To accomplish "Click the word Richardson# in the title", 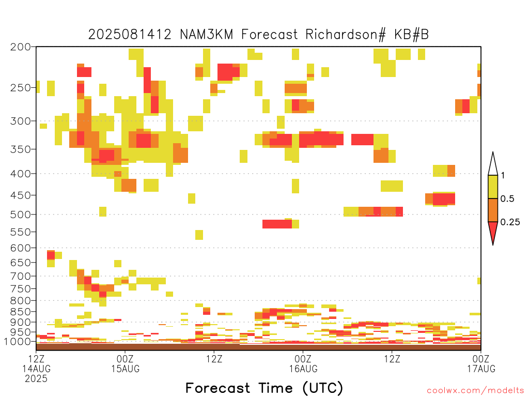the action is click(345, 35).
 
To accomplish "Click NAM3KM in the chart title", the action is click(207, 35).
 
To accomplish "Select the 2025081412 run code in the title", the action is click(130, 35).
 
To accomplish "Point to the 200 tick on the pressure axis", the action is click(21, 47).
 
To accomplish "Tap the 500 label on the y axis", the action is click(21, 215).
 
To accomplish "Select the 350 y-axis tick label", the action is click(21, 149).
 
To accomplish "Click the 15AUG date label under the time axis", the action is click(125, 369).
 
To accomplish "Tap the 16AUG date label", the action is click(303, 369).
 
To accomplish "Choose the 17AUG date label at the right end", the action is click(481, 369).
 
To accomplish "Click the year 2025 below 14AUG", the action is click(36, 379).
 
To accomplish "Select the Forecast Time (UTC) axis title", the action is click(264, 388).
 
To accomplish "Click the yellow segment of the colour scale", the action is click(493, 187).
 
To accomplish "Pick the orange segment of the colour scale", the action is click(493, 210).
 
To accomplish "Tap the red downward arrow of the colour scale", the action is click(493, 232).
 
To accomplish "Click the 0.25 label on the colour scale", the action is click(510, 222).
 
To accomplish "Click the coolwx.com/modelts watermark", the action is click(475, 391).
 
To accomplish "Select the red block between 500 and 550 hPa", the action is click(277, 224).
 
